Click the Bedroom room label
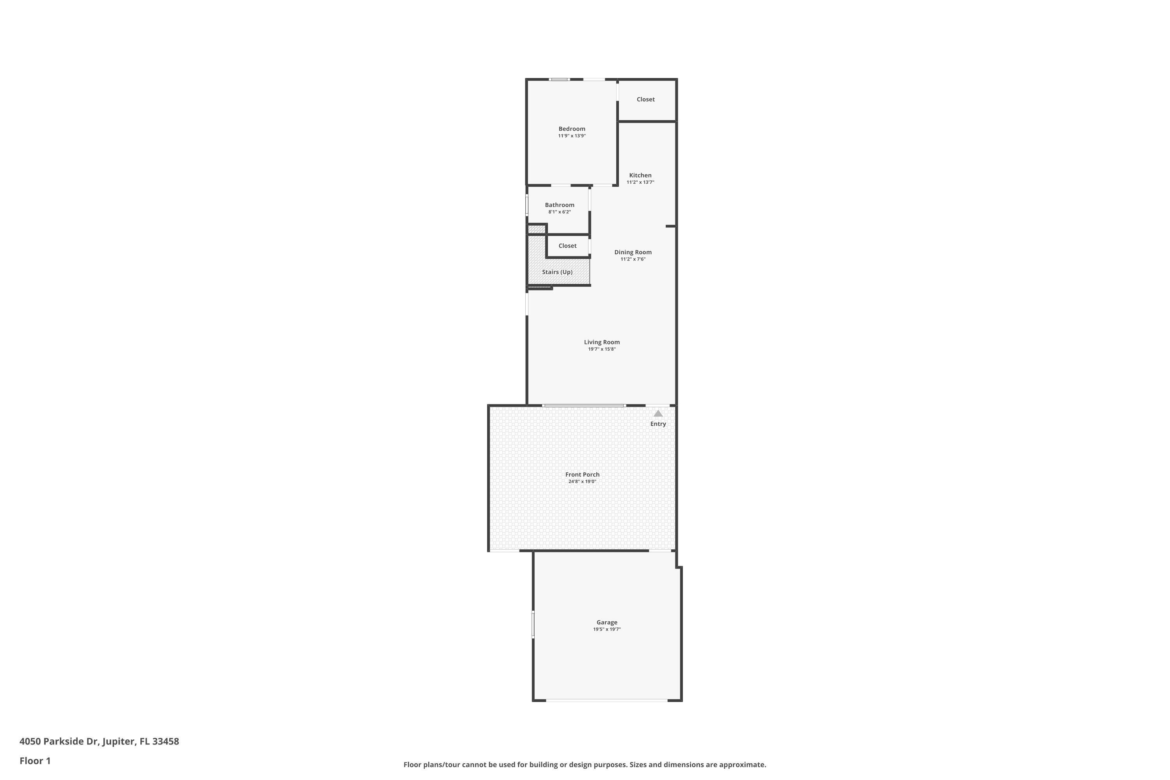[x=572, y=129]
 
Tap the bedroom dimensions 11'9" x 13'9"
[x=572, y=136]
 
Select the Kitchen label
[x=640, y=175]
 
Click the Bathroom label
[x=560, y=205]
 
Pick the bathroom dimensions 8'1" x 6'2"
[x=560, y=212]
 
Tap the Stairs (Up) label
[x=557, y=272]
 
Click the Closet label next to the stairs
[x=567, y=246]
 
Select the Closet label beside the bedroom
[x=646, y=99]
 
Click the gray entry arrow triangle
[x=658, y=413]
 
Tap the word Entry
[x=658, y=424]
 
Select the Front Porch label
[x=583, y=475]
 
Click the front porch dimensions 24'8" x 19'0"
[x=583, y=482]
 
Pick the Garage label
[x=607, y=622]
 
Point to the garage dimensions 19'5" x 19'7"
[x=607, y=629]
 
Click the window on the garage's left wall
[x=533, y=625]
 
